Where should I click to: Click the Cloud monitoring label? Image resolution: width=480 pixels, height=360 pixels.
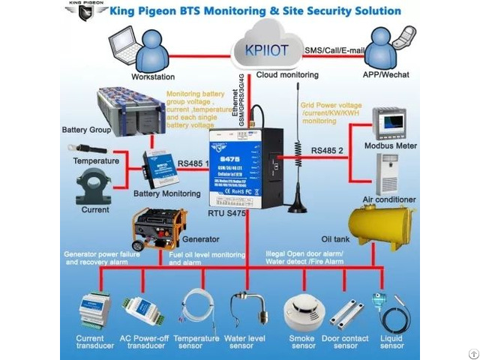coord(287,75)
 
